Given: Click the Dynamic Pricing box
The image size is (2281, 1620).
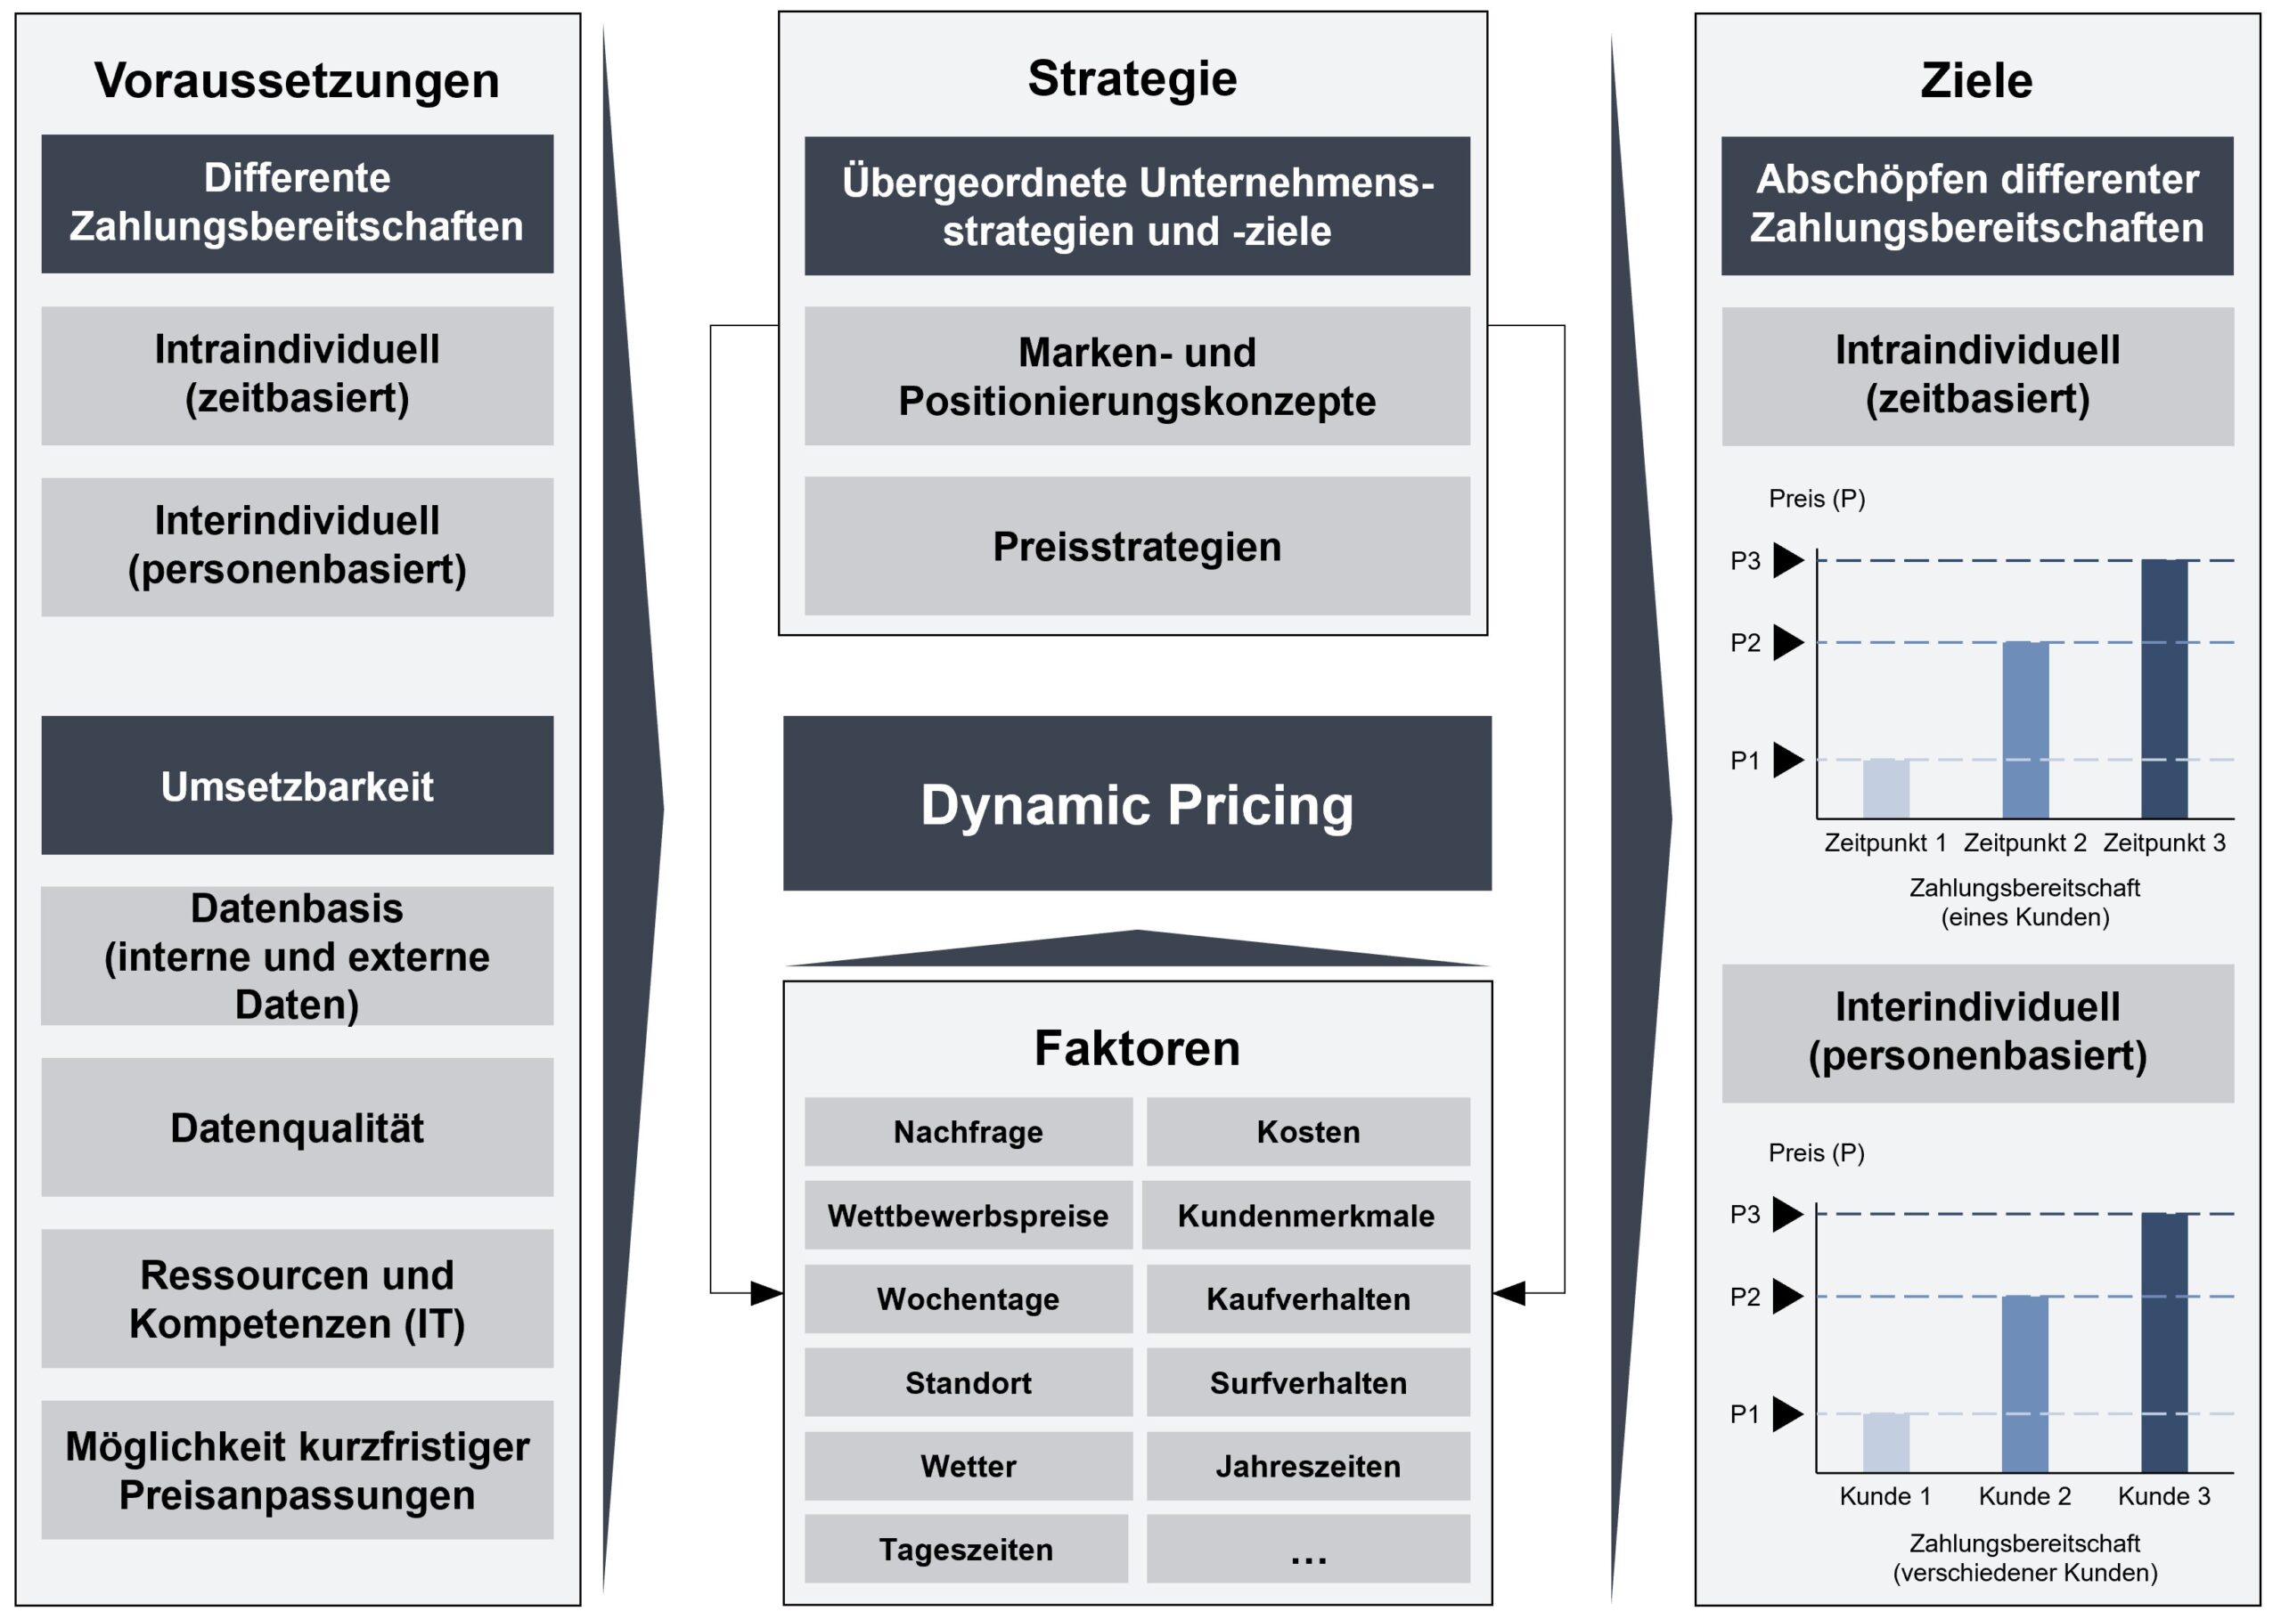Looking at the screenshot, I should tap(1137, 803).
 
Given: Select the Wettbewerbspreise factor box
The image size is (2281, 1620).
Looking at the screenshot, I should tap(968, 1215).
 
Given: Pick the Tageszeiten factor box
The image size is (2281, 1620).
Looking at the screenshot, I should tap(966, 1549).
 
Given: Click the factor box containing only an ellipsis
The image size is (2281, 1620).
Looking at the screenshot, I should tap(1307, 1549).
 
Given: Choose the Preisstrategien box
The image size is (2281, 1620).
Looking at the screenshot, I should tap(1137, 546).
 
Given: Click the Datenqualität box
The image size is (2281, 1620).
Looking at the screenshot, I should tap(298, 1127).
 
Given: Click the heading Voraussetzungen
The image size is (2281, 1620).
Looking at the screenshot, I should tap(298, 80).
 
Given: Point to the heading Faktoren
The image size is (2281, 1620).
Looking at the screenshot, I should tap(1137, 1047).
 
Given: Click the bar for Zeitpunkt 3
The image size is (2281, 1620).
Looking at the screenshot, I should tap(2164, 688).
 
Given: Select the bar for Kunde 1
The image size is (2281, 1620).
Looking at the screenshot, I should tap(1884, 1443).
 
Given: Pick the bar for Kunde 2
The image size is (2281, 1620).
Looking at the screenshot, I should tap(2024, 1384).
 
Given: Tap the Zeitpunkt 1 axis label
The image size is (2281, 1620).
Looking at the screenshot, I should tap(1884, 843).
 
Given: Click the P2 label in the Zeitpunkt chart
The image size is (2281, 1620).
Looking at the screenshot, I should tap(1745, 642).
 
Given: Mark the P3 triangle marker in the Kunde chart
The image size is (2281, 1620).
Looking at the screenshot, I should tap(1788, 1214).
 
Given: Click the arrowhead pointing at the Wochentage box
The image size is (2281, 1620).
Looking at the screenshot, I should tap(767, 1293).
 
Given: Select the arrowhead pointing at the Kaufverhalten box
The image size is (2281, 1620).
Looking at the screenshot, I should tap(1508, 1293).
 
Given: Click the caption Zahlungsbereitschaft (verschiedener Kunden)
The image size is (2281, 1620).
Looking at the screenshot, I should tap(2024, 1557).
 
